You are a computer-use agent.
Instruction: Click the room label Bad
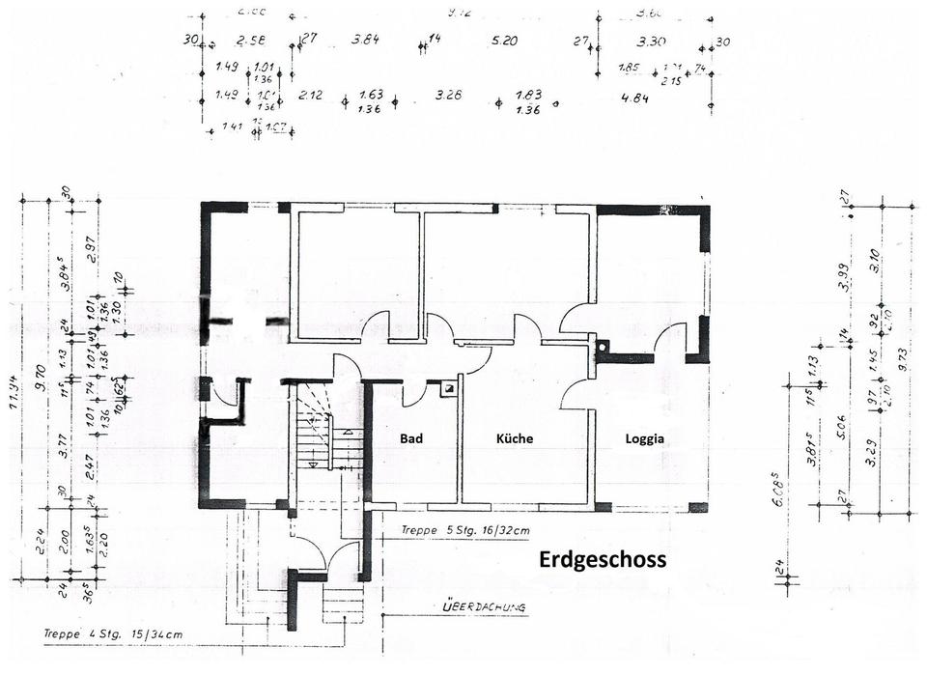coord(412,438)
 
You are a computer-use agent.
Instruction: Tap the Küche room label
coord(515,438)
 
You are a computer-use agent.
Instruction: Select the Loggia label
coord(644,438)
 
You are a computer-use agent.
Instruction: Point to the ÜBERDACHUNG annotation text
coord(483,608)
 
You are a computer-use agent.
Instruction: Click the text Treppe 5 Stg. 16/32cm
coord(463,530)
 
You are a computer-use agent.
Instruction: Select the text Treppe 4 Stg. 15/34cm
coord(112,634)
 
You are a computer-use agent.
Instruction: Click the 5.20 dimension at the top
coord(504,42)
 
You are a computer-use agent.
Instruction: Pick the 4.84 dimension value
coord(634,98)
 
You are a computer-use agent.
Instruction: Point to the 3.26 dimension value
coord(448,95)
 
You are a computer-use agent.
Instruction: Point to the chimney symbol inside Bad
coord(448,389)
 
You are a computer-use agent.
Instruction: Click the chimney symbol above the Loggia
coord(604,346)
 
